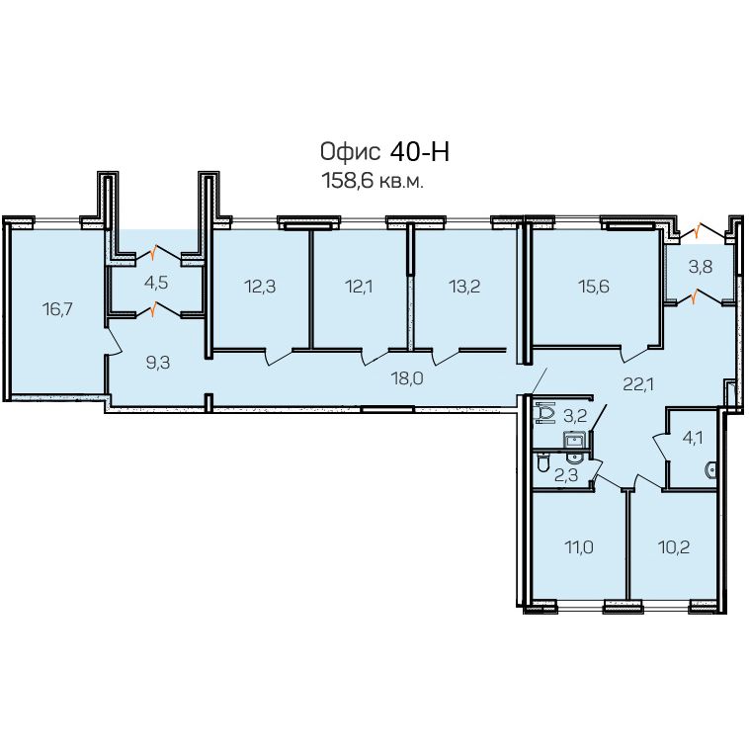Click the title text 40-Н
(420, 152)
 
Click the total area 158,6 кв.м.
(374, 182)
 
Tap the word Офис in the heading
(350, 152)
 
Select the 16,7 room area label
(57, 309)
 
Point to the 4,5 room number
(156, 283)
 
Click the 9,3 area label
(158, 363)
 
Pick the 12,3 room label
(260, 287)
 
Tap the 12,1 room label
(359, 287)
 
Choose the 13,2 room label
(464, 287)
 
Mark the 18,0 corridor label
(407, 378)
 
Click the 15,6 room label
(593, 287)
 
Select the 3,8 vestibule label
(701, 267)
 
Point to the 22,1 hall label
(638, 384)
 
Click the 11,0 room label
(579, 547)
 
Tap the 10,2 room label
(674, 547)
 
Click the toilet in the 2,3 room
(543, 462)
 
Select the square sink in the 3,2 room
(574, 439)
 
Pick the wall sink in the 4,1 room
(710, 470)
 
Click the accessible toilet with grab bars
(545, 413)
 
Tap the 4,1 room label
(692, 437)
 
